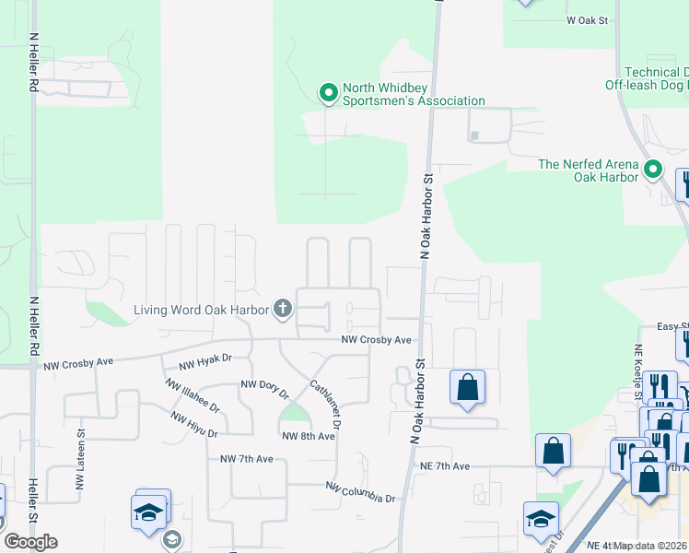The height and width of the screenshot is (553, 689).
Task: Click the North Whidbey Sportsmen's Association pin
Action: [x=327, y=92]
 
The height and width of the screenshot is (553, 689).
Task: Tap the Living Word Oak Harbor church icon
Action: [x=283, y=310]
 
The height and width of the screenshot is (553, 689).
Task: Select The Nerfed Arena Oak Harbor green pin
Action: [x=653, y=170]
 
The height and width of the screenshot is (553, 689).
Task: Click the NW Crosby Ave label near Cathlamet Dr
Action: [x=376, y=340]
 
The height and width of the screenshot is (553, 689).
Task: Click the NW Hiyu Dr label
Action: [x=193, y=425]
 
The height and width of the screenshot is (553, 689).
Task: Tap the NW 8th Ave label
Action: [x=308, y=437]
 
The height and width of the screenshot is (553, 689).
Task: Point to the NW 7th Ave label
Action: [x=247, y=459]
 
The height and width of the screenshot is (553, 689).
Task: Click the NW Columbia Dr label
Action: [x=360, y=491]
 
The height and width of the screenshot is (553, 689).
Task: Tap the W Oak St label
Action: [x=588, y=19]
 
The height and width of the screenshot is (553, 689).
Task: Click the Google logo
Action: [x=30, y=542]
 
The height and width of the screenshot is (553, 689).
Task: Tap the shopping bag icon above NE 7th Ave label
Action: [x=553, y=452]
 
